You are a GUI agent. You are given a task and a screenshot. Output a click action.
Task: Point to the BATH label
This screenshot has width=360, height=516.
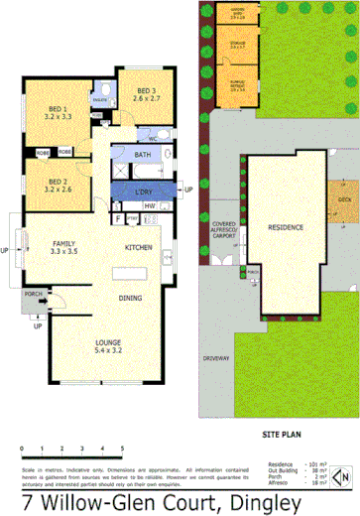(x=143, y=155)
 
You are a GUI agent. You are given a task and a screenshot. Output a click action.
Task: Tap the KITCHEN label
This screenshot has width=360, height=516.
(x=138, y=247)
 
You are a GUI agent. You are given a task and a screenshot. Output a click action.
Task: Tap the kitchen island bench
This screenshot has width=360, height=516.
(x=133, y=270)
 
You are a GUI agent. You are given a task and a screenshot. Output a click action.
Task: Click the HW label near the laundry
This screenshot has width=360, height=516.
(x=149, y=205)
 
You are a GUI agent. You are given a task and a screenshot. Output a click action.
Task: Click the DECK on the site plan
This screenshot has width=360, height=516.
(x=343, y=200)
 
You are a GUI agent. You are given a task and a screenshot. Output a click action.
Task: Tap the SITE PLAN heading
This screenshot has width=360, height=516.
(x=280, y=434)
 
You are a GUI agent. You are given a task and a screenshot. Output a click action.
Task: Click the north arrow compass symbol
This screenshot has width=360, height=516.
(x=340, y=477)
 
